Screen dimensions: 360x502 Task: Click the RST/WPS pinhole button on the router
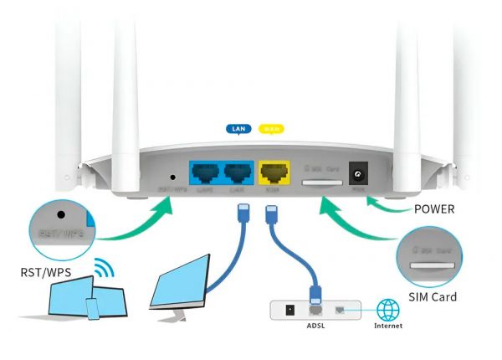coord(172,177)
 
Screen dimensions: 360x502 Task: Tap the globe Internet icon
coord(388,308)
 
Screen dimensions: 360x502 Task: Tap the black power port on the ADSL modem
coord(289,309)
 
